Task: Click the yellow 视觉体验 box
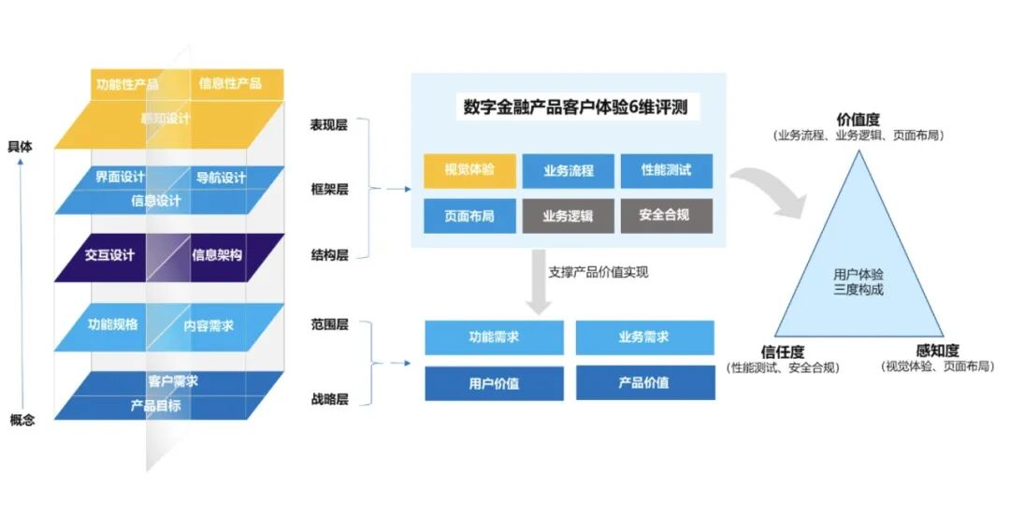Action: [469, 171]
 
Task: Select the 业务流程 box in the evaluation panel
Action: [569, 171]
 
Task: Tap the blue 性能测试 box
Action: [666, 171]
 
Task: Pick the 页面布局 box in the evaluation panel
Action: [469, 216]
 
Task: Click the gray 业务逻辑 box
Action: [569, 216]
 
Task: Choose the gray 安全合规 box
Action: [666, 216]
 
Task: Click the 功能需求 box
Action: [494, 337]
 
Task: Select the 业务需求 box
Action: [644, 337]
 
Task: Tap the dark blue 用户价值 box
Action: [494, 382]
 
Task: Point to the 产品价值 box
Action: [644, 382]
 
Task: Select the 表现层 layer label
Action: [329, 124]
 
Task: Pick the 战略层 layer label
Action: [329, 399]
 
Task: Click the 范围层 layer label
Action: [329, 325]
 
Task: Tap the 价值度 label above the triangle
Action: [858, 120]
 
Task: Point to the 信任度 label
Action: [783, 351]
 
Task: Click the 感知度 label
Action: [937, 351]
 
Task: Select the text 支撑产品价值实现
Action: [599, 273]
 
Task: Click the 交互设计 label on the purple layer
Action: [109, 255]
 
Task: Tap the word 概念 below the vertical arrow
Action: [22, 420]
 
